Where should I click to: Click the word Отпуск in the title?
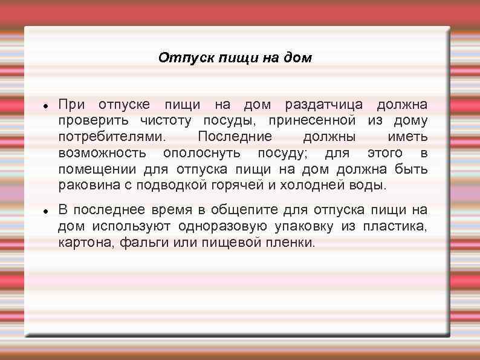178,58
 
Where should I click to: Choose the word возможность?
103,152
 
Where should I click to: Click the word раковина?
87,184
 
